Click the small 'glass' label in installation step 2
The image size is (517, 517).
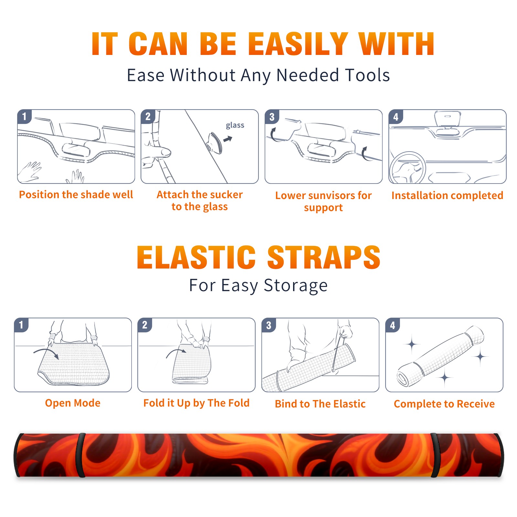point(235,125)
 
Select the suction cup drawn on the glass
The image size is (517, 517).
point(215,143)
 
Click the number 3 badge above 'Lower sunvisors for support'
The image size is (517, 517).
point(272,117)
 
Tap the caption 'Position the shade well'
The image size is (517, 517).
point(76,195)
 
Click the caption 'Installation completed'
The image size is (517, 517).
point(447,195)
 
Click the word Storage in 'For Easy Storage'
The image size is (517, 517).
point(296,286)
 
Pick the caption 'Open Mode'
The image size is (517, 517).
point(73,403)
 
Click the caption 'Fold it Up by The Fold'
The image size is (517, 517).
point(196,403)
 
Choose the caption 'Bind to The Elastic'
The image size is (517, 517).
point(320,404)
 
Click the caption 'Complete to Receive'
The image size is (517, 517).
point(444,404)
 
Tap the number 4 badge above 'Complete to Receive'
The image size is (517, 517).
point(393,325)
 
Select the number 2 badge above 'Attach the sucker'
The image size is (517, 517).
point(148,117)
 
